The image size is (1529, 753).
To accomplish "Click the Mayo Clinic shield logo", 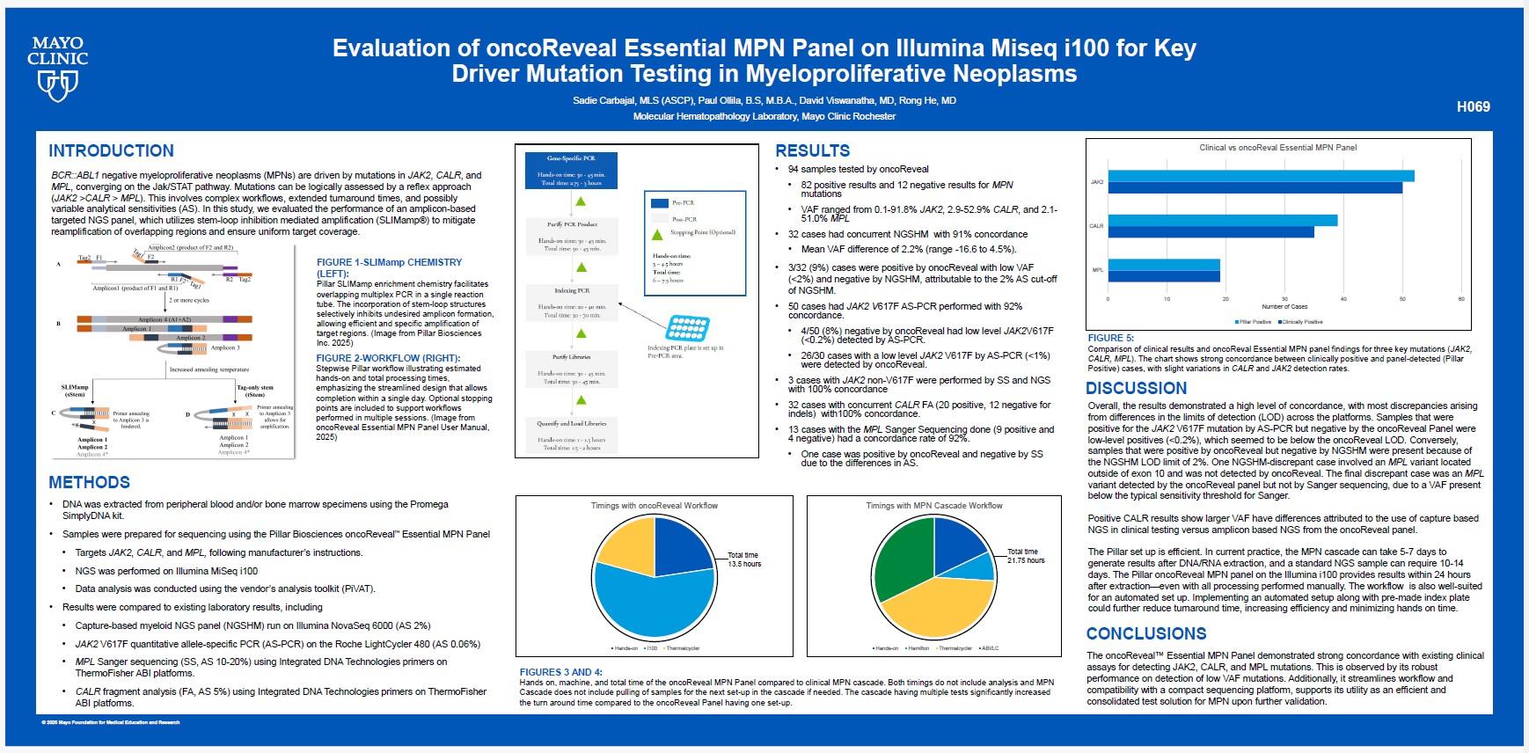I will coord(57,84).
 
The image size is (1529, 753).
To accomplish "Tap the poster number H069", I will coord(1473,106).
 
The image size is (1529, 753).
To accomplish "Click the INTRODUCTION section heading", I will coord(111,150).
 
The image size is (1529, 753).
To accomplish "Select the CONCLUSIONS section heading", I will coord(1145,633).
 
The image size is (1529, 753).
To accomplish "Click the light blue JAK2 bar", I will coord(1261,176).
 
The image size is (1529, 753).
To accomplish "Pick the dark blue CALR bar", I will coord(1211,232).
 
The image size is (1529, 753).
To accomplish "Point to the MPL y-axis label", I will coord(1097,270).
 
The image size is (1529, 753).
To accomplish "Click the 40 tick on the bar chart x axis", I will coord(1343,299).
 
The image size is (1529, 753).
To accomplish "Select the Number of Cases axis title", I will coord(1284,307).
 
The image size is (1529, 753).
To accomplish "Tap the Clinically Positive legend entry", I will coord(1302,322).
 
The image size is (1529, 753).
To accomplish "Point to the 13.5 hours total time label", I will coord(743,559).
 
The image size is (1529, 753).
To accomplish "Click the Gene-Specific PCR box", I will coord(571,170).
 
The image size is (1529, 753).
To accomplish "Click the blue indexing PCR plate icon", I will coord(687,328).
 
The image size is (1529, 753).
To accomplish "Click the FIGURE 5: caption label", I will coord(1110,338).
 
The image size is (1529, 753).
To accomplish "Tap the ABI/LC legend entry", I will coord(989,648).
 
